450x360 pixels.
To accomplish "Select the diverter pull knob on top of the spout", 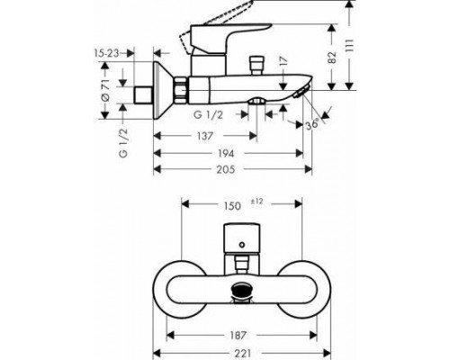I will (x=253, y=66).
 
